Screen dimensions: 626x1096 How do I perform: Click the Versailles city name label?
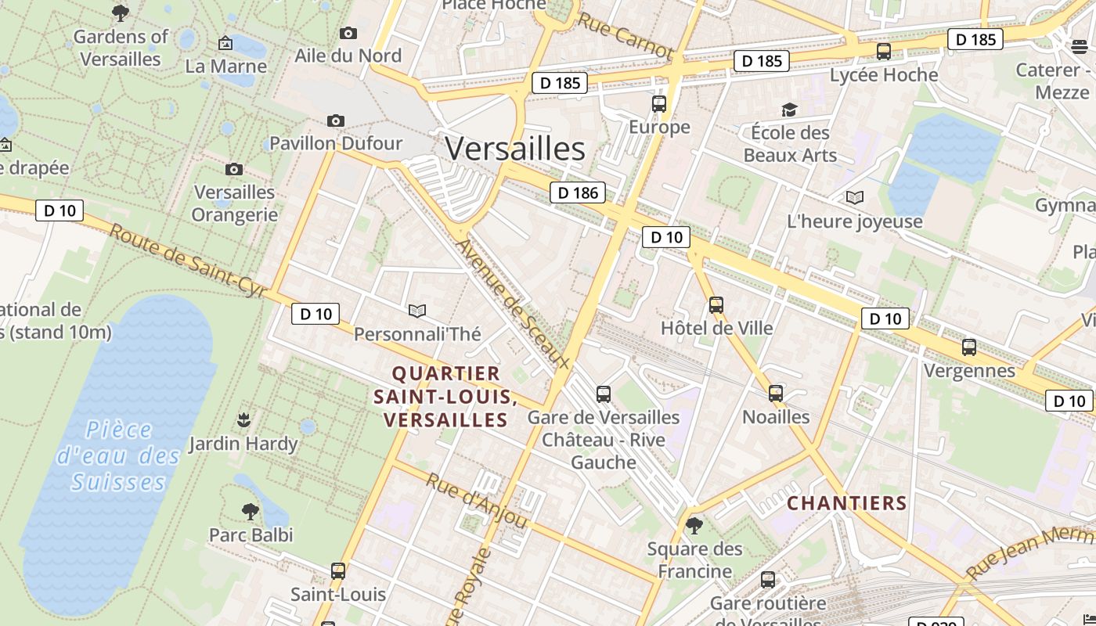point(515,149)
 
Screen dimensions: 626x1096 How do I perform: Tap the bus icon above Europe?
point(659,103)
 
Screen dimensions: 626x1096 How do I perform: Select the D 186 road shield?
point(578,192)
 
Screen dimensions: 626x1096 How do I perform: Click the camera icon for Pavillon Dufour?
point(336,121)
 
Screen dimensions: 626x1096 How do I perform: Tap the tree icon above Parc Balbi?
point(251,512)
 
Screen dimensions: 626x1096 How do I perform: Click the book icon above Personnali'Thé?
point(417,311)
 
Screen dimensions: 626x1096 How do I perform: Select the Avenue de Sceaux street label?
point(513,304)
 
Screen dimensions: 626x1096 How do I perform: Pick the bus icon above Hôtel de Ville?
point(716,305)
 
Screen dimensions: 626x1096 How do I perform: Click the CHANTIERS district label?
point(847,503)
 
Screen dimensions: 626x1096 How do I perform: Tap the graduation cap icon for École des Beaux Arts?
point(788,110)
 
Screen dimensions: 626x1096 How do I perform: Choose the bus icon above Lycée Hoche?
point(884,52)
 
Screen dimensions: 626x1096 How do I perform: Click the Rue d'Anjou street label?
point(475,500)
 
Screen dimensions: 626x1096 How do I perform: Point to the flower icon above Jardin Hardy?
point(243,420)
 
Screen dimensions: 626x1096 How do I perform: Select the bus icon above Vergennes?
point(969,347)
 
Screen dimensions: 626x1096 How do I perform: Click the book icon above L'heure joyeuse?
point(855,198)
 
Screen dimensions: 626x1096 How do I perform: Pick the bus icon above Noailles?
point(776,393)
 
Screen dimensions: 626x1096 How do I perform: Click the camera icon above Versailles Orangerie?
point(233,169)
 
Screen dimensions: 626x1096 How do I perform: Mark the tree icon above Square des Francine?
point(694,525)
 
